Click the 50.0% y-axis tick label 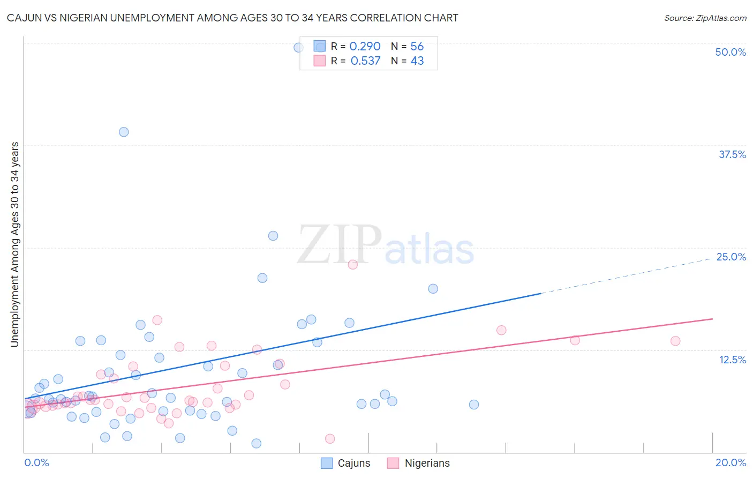click(731, 52)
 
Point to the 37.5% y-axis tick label click(732, 154)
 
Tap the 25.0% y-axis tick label click(731, 257)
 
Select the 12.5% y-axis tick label click(732, 360)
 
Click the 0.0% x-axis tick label click(36, 462)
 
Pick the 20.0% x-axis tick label click(731, 462)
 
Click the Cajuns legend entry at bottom click(345, 463)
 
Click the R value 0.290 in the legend click(365, 47)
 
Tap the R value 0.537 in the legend click(365, 61)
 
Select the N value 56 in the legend click(417, 47)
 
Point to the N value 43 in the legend click(417, 61)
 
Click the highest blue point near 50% click(298, 47)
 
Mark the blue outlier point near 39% click(124, 132)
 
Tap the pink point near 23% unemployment click(352, 264)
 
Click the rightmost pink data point click(675, 341)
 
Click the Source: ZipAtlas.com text click(705, 18)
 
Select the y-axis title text click(15, 244)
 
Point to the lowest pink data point click(330, 439)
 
